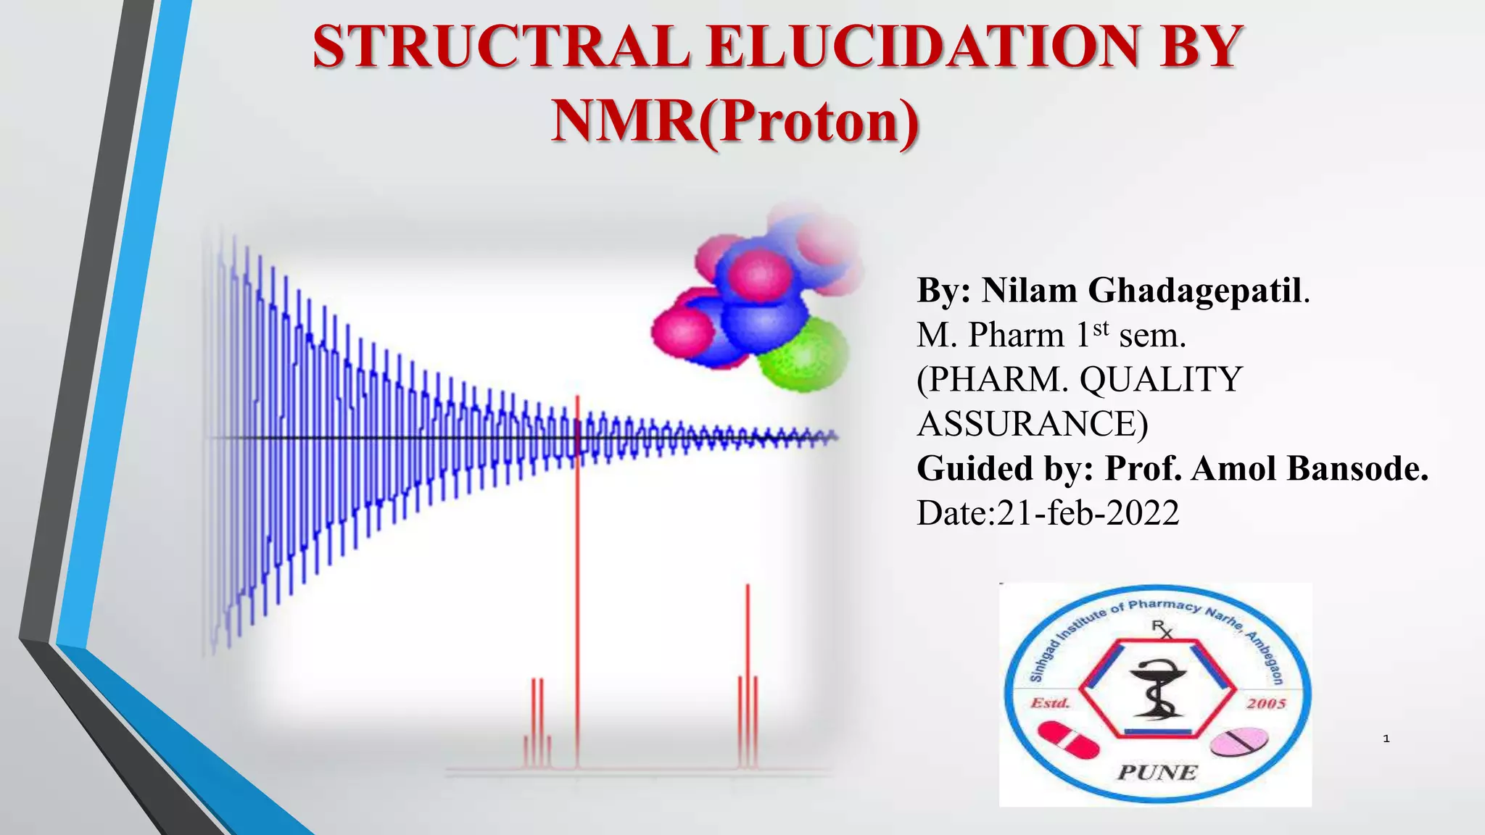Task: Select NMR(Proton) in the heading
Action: coord(735,121)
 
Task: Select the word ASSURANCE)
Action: coord(1033,424)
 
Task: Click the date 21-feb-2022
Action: coord(1088,513)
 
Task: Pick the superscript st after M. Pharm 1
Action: coord(1101,328)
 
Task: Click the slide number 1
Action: coord(1386,739)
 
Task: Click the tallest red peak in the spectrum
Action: coord(578,580)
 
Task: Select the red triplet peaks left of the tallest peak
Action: coord(537,725)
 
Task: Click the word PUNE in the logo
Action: coord(1157,773)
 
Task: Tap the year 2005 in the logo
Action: coord(1266,704)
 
